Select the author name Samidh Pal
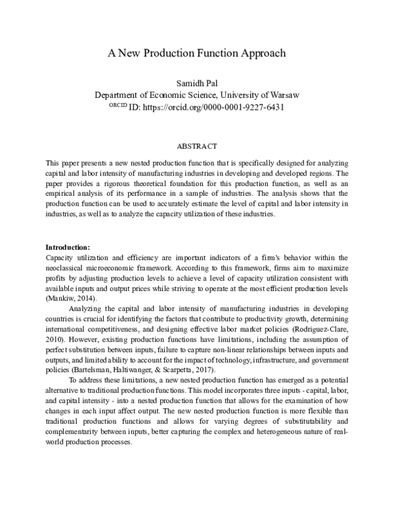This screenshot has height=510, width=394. [197, 83]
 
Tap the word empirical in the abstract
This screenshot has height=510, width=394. [61, 193]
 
